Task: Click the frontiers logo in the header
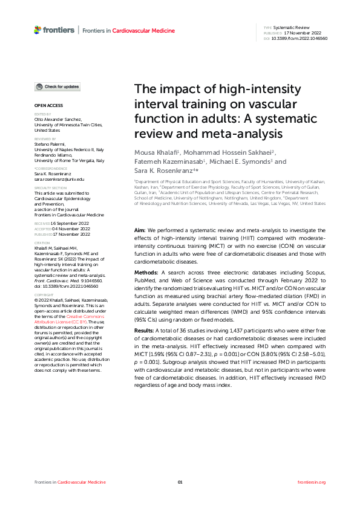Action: point(54,30)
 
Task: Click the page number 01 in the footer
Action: point(180,482)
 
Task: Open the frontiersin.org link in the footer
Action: point(312,482)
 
